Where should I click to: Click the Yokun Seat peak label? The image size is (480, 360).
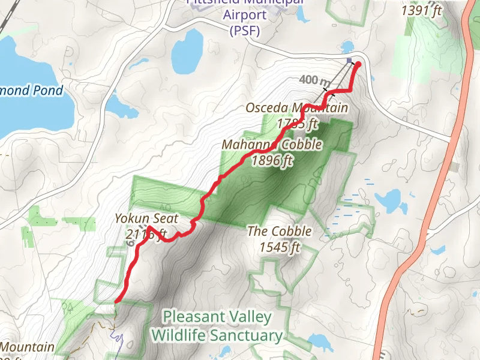(x=146, y=219)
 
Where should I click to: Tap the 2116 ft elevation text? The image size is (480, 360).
(x=146, y=235)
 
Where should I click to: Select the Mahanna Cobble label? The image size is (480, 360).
(x=272, y=145)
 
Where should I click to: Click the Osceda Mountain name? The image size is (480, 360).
(x=296, y=108)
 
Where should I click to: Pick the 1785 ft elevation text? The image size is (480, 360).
(x=297, y=124)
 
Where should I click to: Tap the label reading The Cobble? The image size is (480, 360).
(x=280, y=231)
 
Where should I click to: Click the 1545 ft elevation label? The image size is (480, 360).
(x=280, y=247)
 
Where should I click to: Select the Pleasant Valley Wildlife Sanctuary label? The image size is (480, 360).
(x=217, y=326)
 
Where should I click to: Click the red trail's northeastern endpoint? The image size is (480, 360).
(x=358, y=64)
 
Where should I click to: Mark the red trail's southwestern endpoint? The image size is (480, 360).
(x=116, y=300)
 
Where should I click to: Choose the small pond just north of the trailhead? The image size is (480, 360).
(x=346, y=47)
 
